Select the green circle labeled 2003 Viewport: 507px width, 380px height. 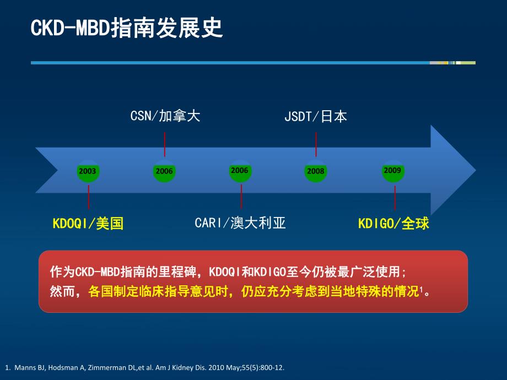click(88, 171)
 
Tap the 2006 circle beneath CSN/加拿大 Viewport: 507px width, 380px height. click(164, 171)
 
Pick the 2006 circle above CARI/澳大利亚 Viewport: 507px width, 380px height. click(240, 171)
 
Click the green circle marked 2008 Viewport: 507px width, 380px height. click(316, 171)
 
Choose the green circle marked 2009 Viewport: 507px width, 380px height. click(392, 171)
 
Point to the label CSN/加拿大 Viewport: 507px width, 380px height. click(165, 116)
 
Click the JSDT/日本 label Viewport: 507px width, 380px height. click(316, 116)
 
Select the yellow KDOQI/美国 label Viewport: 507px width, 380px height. click(88, 223)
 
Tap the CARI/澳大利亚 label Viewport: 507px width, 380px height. click(240, 223)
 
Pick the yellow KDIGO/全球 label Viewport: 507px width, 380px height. click(393, 223)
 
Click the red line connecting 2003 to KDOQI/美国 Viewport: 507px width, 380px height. click(88, 197)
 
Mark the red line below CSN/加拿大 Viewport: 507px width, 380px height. click(165, 144)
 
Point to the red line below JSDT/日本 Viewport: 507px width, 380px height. click(316, 144)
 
